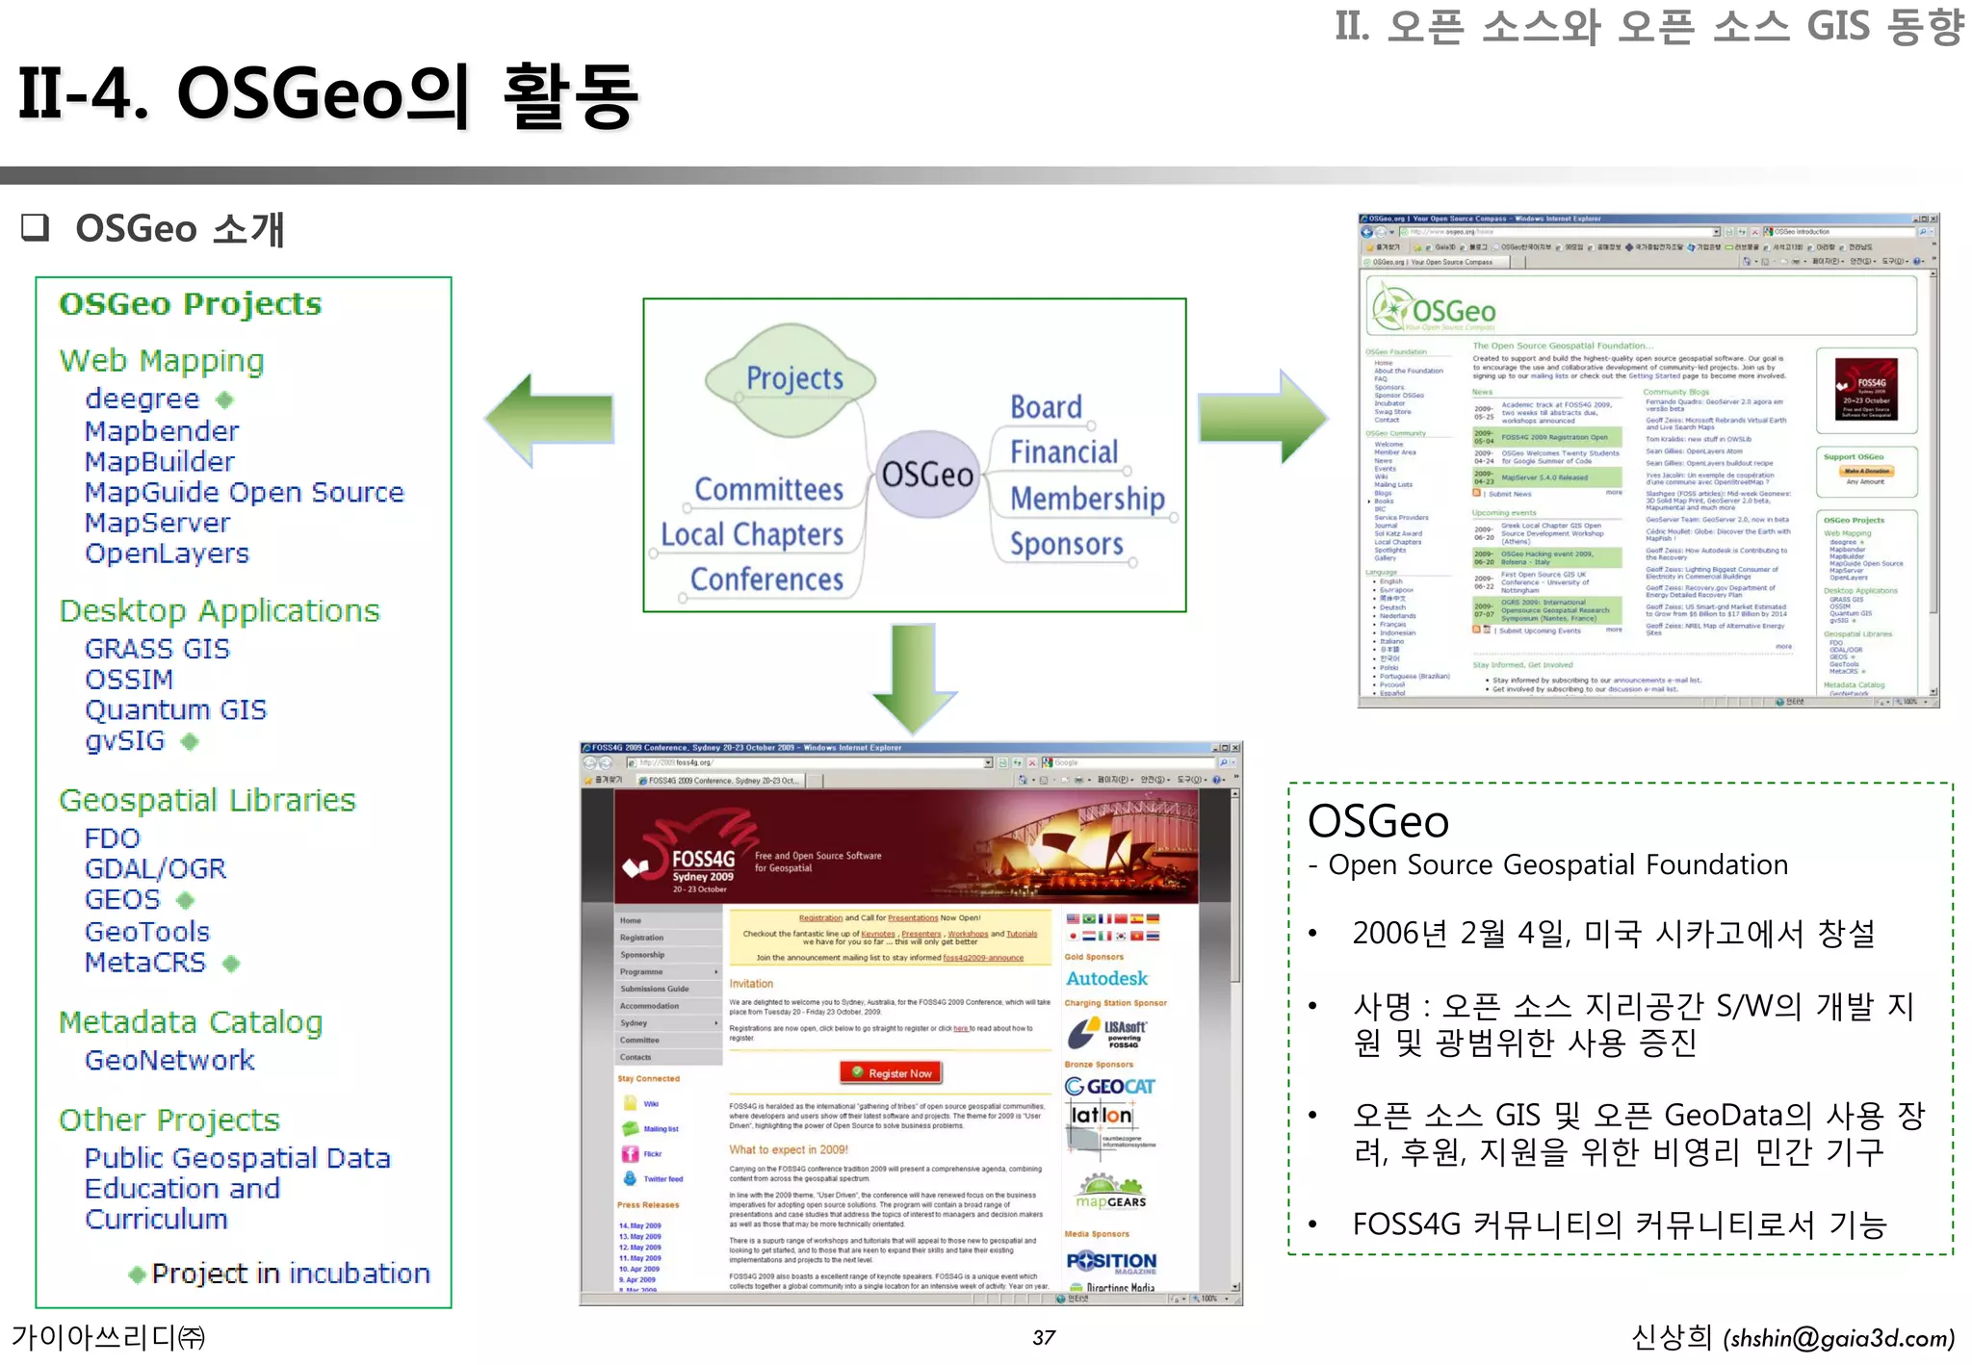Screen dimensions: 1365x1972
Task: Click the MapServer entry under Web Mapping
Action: click(157, 523)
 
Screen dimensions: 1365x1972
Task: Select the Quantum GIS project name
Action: click(175, 709)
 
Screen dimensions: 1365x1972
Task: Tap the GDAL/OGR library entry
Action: click(155, 868)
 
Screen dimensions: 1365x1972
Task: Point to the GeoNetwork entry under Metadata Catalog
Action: click(169, 1060)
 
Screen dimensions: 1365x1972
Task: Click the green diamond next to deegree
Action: click(224, 399)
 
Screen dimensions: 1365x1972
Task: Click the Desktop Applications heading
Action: click(220, 610)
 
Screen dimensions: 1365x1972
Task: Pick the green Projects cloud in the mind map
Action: click(791, 378)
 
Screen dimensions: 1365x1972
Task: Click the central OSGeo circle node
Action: click(927, 475)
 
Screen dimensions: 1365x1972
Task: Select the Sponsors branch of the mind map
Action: click(1066, 544)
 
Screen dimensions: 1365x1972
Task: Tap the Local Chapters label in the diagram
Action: click(752, 534)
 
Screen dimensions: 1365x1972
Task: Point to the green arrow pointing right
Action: click(1262, 416)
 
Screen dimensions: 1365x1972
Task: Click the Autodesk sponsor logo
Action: click(1106, 979)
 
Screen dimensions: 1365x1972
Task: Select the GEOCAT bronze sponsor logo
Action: click(1109, 1087)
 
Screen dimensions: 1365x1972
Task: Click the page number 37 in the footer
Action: click(1044, 1337)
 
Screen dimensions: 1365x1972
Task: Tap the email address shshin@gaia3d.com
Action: click(1838, 1338)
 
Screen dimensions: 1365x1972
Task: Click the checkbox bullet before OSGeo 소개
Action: click(36, 227)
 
